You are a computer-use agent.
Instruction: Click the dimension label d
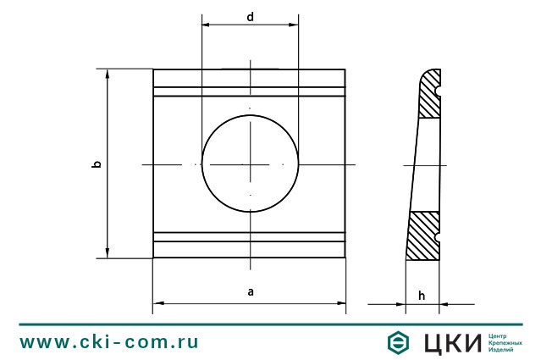tap(250, 16)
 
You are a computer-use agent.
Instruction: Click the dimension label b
tap(97, 163)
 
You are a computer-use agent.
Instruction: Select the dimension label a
tap(250, 291)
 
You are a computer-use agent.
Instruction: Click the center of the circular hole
tap(250, 163)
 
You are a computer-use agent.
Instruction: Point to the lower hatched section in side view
tap(425, 236)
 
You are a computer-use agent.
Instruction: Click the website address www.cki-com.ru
tap(109, 342)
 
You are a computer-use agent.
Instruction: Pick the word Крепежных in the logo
tap(505, 343)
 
